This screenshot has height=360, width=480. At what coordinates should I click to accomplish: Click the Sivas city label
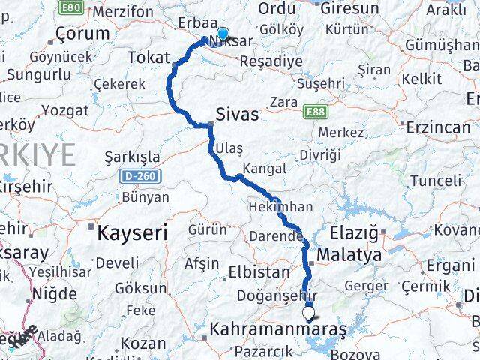point(237,115)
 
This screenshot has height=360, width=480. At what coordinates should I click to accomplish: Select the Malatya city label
point(349,256)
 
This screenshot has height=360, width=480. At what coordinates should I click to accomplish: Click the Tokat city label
point(148,57)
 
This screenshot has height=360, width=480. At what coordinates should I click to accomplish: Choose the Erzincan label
point(439,127)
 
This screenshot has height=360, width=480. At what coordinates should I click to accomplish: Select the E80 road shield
point(72,7)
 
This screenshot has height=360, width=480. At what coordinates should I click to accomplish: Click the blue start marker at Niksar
point(223,34)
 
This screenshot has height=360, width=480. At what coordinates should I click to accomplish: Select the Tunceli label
point(436,181)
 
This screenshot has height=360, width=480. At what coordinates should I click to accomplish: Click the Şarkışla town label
point(133,157)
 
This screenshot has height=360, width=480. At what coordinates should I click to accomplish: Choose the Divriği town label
point(319,154)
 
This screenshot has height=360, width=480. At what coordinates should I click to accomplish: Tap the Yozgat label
point(65,111)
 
